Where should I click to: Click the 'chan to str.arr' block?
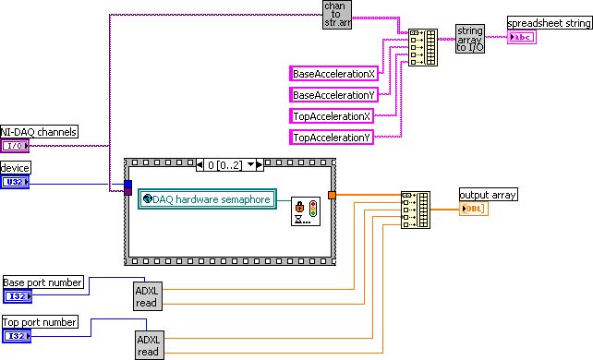point(336,16)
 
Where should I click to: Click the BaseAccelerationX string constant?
point(333,73)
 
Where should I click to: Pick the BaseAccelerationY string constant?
point(333,94)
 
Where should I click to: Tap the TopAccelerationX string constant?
point(333,116)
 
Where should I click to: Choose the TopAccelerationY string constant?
point(333,138)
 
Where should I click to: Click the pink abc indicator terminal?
point(522,38)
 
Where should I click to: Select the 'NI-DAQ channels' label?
point(39,132)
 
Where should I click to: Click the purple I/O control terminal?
point(15,146)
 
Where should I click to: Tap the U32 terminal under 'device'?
point(15,182)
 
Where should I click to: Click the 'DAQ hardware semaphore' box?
point(207,199)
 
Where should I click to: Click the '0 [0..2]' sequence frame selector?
point(230,165)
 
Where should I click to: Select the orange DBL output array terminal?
point(474,209)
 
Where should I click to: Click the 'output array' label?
point(488,194)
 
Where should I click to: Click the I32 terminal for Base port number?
point(17,296)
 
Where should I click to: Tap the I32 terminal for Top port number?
point(17,336)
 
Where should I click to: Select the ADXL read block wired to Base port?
point(148,294)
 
